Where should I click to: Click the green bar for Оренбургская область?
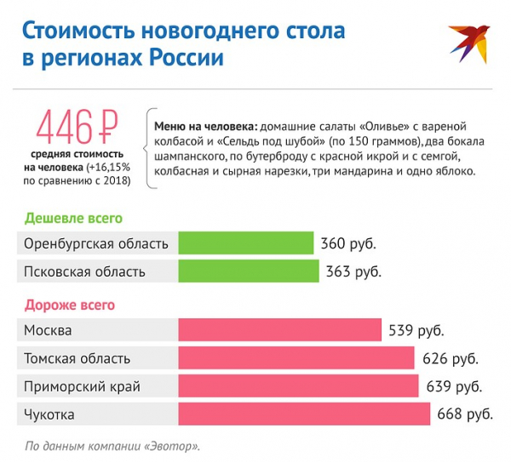(x=246, y=243)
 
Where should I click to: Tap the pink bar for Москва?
(x=279, y=330)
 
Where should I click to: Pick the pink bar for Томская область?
(x=296, y=358)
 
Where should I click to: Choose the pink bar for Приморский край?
(x=298, y=386)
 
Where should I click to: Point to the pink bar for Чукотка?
(x=304, y=414)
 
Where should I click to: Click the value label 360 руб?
(x=347, y=243)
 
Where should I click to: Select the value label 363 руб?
(x=353, y=271)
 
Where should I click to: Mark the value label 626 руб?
(x=450, y=358)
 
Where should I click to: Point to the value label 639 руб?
(x=454, y=386)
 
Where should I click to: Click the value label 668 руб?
(x=465, y=414)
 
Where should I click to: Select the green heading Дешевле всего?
(x=73, y=218)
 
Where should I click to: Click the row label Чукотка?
(x=49, y=414)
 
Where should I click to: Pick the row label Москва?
(x=48, y=330)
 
